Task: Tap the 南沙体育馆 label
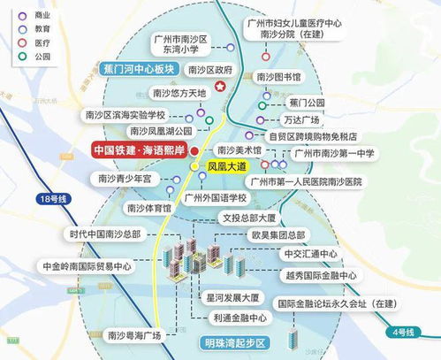pos(148,208)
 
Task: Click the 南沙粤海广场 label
pos(133,335)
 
